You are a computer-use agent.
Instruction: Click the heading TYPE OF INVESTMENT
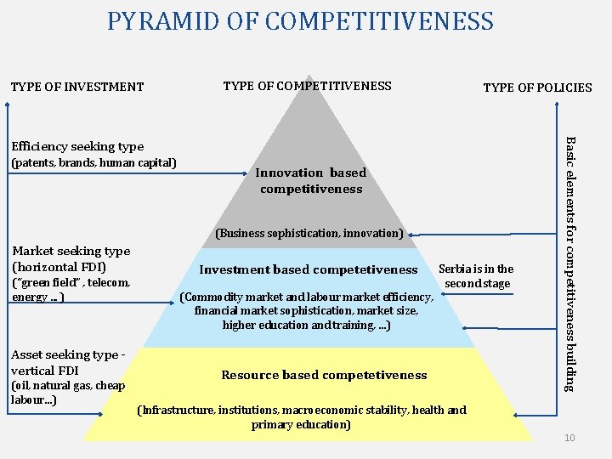pos(77,86)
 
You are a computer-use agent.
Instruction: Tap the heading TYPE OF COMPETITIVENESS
pos(307,85)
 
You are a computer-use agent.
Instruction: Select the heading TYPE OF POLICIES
pos(537,87)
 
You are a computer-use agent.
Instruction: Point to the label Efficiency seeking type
pos(77,146)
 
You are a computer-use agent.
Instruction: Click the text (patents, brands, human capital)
pos(93,162)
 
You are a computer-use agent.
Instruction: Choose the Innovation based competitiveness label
pos(311,180)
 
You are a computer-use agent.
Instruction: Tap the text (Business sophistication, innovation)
pos(309,233)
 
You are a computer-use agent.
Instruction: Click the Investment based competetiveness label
pos(308,269)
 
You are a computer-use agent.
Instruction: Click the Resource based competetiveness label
pos(324,375)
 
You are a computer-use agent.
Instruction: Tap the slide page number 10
pos(569,437)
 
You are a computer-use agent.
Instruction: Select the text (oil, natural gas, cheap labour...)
pos(67,393)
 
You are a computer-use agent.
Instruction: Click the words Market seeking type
pos(71,251)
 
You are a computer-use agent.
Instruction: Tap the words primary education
pos(301,424)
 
